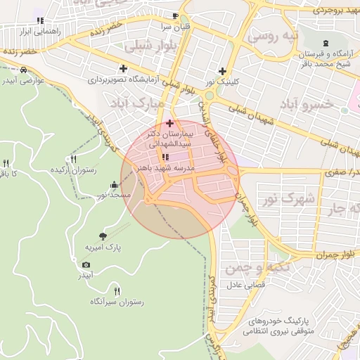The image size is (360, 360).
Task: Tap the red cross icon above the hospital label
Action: [x=169, y=123]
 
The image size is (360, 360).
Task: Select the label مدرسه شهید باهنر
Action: [x=164, y=169]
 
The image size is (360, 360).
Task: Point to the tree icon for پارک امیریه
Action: [x=104, y=236]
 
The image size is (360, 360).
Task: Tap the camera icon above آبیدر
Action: [x=86, y=264]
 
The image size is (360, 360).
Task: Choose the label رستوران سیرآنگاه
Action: [x=117, y=302]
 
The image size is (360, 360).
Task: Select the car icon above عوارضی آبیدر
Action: [x=25, y=70]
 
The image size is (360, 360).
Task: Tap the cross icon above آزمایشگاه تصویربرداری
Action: [x=124, y=69]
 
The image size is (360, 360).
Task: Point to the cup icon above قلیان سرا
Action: [x=176, y=15]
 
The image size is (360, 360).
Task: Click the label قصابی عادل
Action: [x=243, y=285]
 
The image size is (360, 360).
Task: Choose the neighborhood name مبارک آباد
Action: [x=137, y=103]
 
